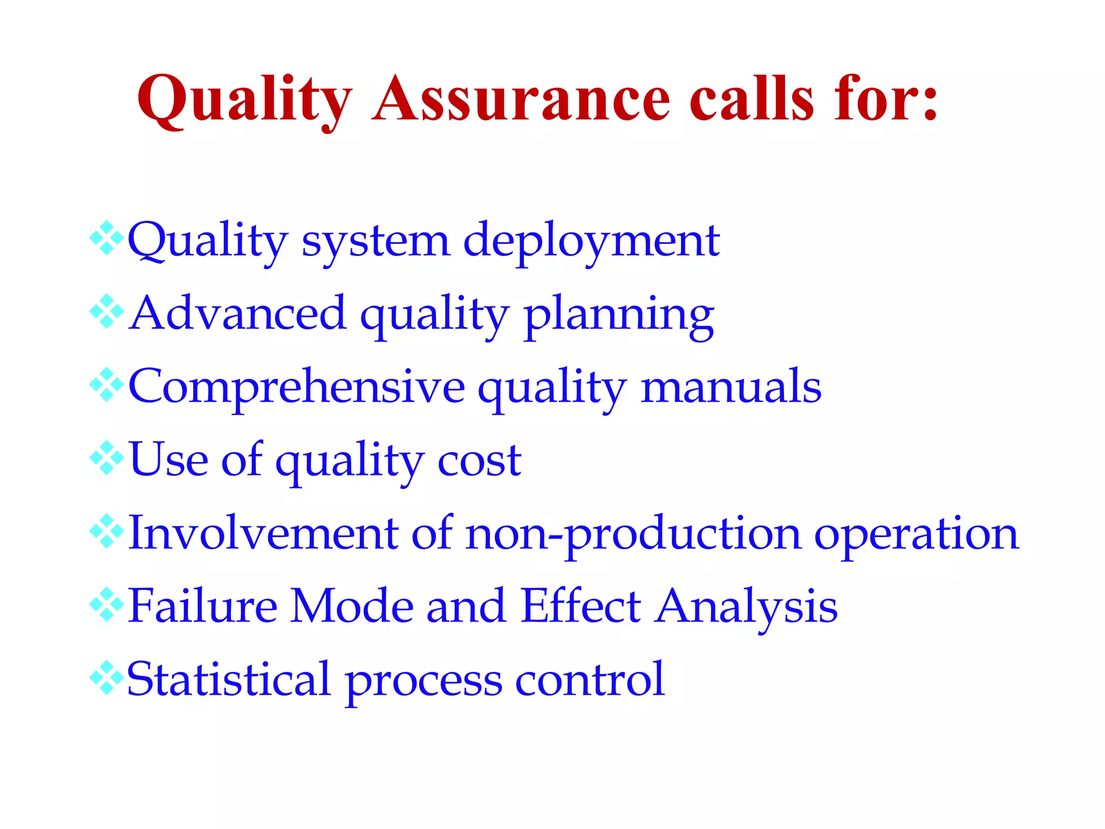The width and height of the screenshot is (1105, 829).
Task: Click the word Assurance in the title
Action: pos(521,100)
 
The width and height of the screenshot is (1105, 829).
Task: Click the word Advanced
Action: pos(238,314)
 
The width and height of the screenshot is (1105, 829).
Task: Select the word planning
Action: pos(619,316)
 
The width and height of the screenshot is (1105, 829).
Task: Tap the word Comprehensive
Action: pos(296,388)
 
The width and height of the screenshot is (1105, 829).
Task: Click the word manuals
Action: pos(731,387)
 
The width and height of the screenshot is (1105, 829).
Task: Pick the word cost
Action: pos(479,461)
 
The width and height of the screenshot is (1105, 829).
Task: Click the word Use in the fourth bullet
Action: pos(169,460)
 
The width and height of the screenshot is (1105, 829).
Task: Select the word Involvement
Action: pos(263,534)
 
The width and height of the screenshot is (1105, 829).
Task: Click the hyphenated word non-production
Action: pos(633,535)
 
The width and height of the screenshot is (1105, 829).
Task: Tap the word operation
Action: pos(916,535)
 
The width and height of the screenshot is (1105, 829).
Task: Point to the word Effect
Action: pos(581,607)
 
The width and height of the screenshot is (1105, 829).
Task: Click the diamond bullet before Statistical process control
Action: pos(107,678)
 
